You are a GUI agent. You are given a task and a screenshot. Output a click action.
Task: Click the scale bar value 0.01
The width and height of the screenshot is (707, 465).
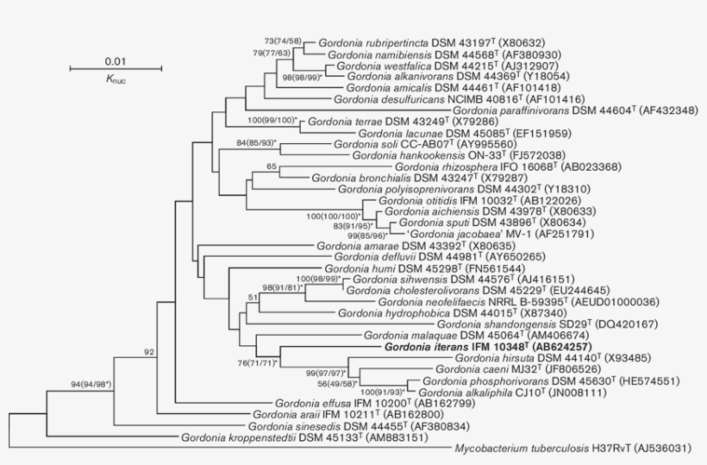116,61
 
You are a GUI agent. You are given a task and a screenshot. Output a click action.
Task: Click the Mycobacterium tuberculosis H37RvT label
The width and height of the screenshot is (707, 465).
543,449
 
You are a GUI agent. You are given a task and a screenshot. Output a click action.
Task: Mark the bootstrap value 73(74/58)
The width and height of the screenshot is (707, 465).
288,41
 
